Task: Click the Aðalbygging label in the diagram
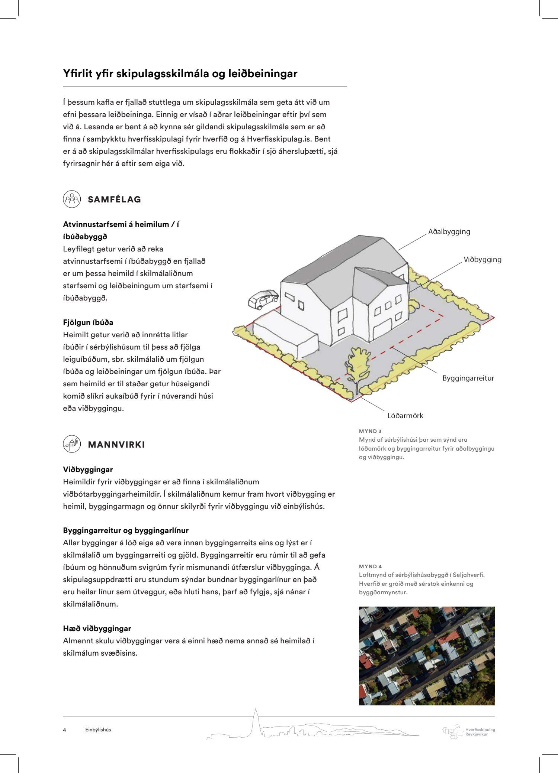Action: click(x=449, y=232)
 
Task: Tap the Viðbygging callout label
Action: click(x=482, y=260)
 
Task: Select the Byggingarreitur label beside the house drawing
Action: click(x=468, y=379)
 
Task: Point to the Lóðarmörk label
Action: click(x=405, y=416)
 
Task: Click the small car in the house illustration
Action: click(x=263, y=299)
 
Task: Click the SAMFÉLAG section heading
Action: click(x=114, y=199)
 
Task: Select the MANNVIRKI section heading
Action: click(x=116, y=445)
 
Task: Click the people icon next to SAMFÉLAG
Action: click(x=72, y=199)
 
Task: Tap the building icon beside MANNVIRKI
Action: click(x=72, y=444)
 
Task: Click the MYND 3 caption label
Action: click(x=370, y=431)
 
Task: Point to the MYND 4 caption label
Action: click(x=370, y=566)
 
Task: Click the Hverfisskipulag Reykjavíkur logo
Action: click(x=468, y=731)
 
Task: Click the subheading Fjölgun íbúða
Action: click(x=88, y=322)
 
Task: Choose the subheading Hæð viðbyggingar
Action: click(x=97, y=629)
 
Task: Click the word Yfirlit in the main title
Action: click(x=78, y=74)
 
